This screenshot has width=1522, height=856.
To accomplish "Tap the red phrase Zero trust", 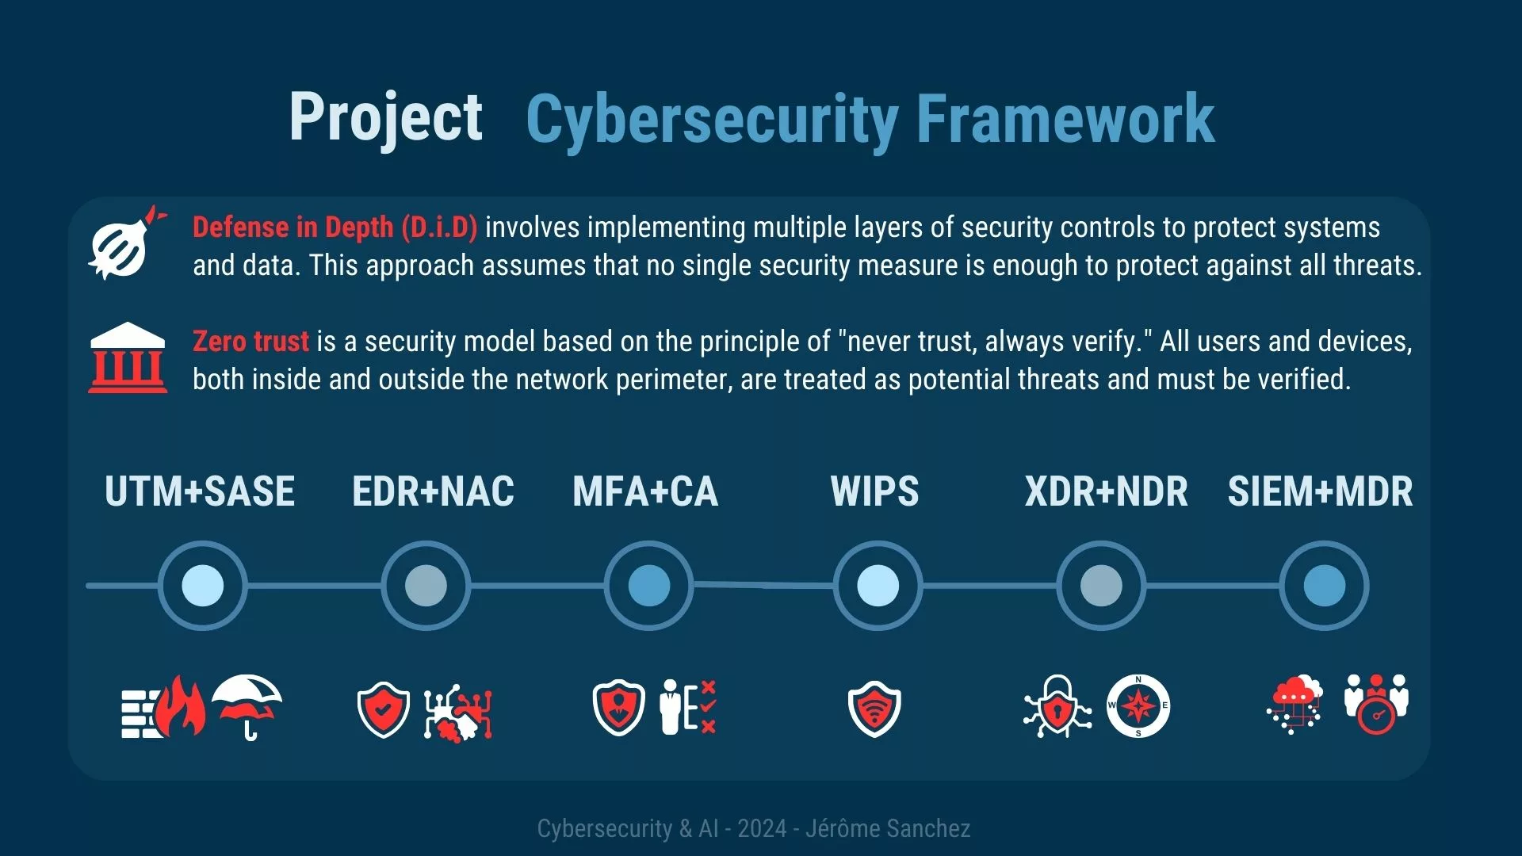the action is pyautogui.click(x=250, y=341).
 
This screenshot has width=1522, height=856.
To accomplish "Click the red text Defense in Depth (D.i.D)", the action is pyautogui.click(x=335, y=227).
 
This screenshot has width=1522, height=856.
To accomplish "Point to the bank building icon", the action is pyautogui.click(x=128, y=357).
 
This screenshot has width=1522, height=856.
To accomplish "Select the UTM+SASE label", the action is pyautogui.click(x=200, y=491).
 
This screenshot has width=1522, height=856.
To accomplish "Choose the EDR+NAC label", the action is pyautogui.click(x=433, y=491).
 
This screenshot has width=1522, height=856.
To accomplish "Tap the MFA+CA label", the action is pyautogui.click(x=645, y=491).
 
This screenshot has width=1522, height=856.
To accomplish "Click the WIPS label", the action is pyautogui.click(x=874, y=491).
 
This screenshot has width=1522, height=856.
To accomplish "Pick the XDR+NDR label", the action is pyautogui.click(x=1106, y=491).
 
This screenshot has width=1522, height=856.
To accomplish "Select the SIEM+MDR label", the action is pyautogui.click(x=1320, y=491).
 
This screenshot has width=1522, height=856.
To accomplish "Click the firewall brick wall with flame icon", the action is pyautogui.click(x=163, y=707).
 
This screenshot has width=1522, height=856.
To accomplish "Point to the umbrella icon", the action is pyautogui.click(x=247, y=705).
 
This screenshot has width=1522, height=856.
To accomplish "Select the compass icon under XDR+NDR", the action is pyautogui.click(x=1138, y=705).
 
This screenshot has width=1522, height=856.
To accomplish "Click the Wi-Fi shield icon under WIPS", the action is pyautogui.click(x=874, y=708).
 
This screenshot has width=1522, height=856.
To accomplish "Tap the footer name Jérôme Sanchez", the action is pyautogui.click(x=888, y=828).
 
